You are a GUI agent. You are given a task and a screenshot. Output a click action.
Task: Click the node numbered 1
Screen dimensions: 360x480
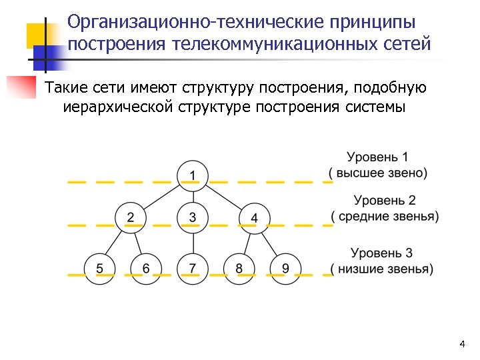tap(193, 175)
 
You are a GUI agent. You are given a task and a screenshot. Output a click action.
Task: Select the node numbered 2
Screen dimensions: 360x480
tap(131, 217)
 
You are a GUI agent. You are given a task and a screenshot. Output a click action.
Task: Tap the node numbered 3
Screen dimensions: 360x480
tap(193, 217)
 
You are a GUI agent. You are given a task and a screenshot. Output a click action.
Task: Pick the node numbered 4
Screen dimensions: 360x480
tap(254, 217)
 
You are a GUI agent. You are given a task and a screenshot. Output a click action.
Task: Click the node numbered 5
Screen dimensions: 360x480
tap(100, 269)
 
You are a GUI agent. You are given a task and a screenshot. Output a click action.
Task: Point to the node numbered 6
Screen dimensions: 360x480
tap(146, 269)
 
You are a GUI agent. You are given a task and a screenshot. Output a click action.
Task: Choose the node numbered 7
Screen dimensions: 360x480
tap(193, 269)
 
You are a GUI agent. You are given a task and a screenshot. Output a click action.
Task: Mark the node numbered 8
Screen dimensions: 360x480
tap(239, 269)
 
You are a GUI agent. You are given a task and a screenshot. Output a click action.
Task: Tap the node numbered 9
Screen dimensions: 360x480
tap(285, 269)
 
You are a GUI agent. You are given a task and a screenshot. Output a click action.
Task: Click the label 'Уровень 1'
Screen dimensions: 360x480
tap(378, 158)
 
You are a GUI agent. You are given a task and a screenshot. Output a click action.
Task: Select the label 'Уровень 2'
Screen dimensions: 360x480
tap(385, 200)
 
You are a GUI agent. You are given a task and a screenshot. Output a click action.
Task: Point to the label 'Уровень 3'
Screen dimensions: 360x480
tap(382, 253)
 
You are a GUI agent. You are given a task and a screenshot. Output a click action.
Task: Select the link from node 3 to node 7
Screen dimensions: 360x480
tap(193, 243)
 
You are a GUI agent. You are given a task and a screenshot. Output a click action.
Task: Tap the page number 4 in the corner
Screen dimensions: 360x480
tap(461, 344)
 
